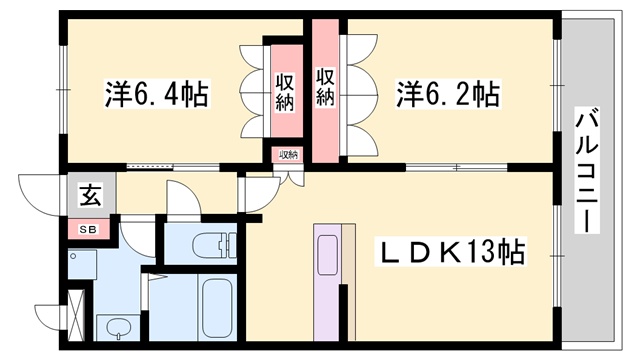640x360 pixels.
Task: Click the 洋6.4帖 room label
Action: (x=157, y=95)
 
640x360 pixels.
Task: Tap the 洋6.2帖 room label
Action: (x=448, y=95)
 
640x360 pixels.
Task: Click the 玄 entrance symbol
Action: (x=90, y=196)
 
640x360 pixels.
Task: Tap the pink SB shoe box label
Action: (x=89, y=230)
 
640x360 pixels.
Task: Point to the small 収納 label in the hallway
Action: (x=288, y=155)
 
